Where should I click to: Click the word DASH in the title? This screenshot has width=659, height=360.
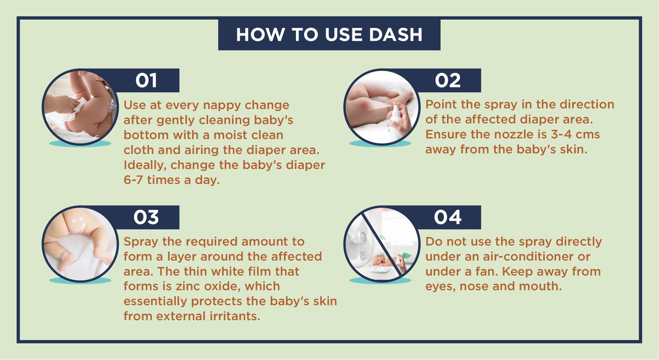[395, 34]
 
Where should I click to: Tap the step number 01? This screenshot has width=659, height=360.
[146, 80]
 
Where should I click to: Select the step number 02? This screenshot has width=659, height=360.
[448, 80]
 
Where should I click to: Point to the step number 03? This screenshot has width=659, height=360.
[146, 217]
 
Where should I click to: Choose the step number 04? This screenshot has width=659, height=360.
[448, 217]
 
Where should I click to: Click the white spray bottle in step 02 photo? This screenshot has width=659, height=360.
[394, 123]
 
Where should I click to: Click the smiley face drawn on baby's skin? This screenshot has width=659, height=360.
[78, 224]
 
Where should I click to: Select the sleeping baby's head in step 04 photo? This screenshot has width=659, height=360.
[378, 261]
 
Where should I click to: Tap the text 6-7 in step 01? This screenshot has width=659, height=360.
[133, 179]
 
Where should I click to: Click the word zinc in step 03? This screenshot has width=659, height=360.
[186, 286]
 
